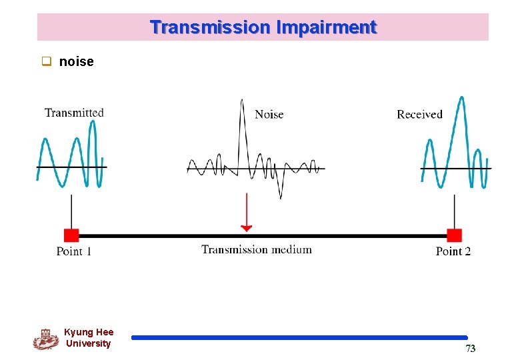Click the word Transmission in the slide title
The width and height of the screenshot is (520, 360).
pos(209,27)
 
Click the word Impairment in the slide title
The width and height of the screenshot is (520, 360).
pos(327,27)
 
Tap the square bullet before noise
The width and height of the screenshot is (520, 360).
pos(47,62)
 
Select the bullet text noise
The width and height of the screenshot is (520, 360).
pos(76,62)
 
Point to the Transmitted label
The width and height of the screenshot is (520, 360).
pos(74,113)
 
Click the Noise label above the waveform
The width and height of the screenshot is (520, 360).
pos(269,115)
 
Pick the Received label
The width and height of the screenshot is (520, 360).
pos(419,115)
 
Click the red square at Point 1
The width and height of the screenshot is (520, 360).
pos(71,235)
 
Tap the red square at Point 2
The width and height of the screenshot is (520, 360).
pos(454,235)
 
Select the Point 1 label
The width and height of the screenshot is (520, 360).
pos(74,251)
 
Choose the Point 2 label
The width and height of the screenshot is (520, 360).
pos(453,251)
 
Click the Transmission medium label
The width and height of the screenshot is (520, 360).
pos(257,250)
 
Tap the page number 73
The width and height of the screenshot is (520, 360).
pos(471,349)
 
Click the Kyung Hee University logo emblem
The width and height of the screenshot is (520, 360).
pos(45,339)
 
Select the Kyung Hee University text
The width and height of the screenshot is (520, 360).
pos(89,338)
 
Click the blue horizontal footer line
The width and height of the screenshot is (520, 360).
pos(299,338)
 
